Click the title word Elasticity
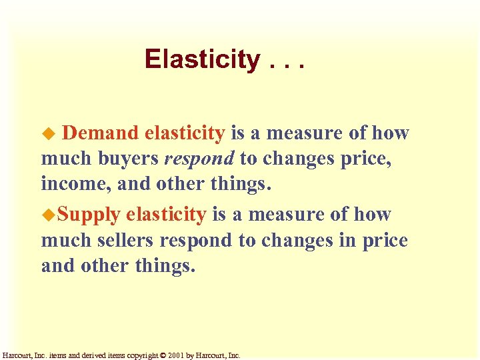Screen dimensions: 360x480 (202, 60)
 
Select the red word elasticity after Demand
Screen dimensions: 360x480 (184, 133)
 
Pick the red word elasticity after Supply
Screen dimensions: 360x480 (166, 214)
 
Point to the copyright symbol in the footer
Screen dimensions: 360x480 (163, 355)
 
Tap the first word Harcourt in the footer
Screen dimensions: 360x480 (17, 355)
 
